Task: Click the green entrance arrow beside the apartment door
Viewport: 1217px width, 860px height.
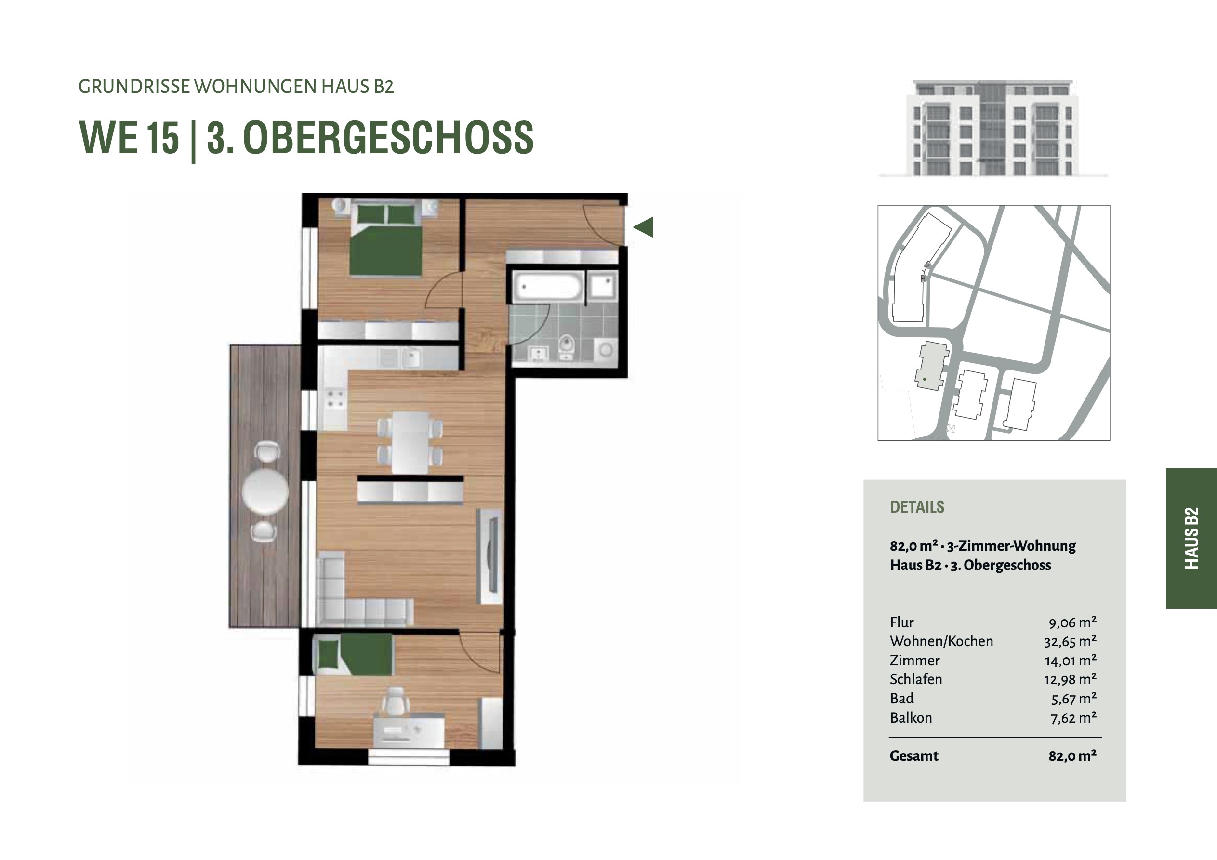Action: pos(643,227)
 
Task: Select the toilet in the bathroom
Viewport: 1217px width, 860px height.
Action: pos(567,346)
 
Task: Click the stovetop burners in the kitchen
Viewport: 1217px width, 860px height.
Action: pos(335,399)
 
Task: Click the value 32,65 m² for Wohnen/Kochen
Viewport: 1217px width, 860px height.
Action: pos(1070,642)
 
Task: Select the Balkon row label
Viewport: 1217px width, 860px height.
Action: pos(911,718)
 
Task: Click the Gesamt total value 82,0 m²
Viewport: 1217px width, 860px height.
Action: pos(1072,756)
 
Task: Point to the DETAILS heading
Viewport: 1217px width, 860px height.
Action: pos(917,507)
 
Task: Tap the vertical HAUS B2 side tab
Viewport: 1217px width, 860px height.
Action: pos(1191,538)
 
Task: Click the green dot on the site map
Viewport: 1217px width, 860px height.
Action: pos(925,379)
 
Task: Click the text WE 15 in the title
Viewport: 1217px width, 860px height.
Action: pos(129,138)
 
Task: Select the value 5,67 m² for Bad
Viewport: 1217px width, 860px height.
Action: pos(1074,699)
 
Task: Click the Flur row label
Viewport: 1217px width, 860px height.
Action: pos(901,622)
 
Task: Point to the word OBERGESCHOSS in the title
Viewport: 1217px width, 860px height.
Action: pos(388,138)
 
